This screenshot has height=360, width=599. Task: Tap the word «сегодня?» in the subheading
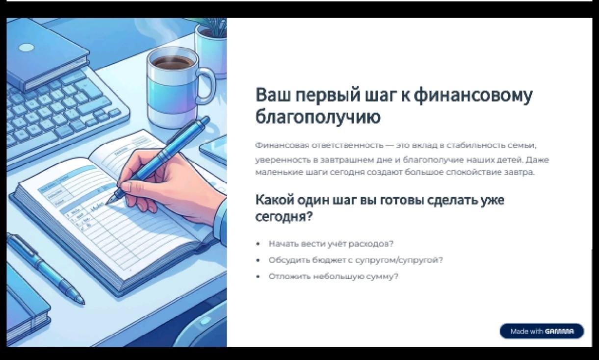(x=284, y=216)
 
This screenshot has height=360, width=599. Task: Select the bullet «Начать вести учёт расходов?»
(x=331, y=244)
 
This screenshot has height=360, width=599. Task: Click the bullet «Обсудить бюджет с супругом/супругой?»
(x=356, y=260)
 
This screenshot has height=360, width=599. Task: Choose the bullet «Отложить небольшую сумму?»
(x=334, y=276)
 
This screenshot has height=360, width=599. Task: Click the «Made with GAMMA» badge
(x=542, y=332)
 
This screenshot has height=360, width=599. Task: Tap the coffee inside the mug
(x=173, y=62)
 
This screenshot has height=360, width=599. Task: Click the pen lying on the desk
(x=46, y=270)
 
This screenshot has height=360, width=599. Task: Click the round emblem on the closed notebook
(x=26, y=48)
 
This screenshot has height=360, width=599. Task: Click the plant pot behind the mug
(x=211, y=51)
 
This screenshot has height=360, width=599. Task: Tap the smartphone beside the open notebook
(x=214, y=150)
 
